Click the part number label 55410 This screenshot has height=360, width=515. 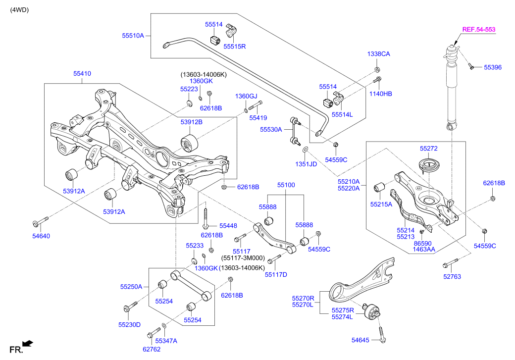click(82, 73)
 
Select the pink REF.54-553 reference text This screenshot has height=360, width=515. click(478, 30)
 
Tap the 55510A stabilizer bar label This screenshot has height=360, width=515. click(133, 36)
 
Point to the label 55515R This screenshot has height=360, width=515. click(234, 46)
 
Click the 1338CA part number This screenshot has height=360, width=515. click(378, 53)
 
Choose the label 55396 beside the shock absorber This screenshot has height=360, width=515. click(493, 67)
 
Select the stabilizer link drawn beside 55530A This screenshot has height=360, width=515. click(296, 131)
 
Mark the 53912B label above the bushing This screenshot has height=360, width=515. click(191, 122)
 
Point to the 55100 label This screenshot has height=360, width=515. click(286, 185)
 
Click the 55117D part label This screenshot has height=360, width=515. click(276, 274)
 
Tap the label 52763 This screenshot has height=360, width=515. click(452, 278)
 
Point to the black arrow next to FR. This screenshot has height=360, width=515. click(29, 343)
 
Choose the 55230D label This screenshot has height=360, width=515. click(129, 325)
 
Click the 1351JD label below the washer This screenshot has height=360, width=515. click(307, 164)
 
